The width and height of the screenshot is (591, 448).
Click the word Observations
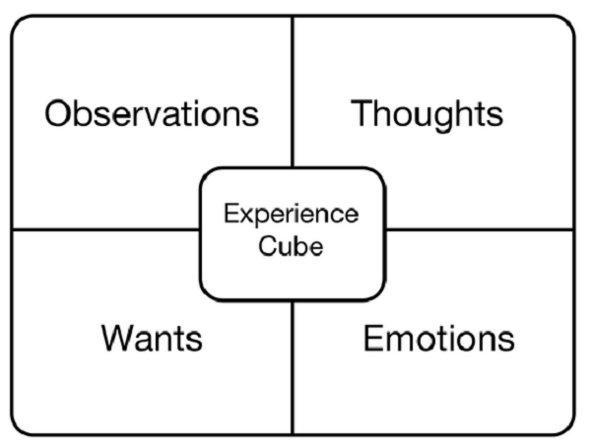click(152, 113)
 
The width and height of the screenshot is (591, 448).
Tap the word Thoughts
click(427, 113)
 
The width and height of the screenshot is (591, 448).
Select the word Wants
click(152, 339)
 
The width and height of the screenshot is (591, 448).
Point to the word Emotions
click(438, 339)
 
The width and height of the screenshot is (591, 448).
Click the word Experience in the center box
click(291, 215)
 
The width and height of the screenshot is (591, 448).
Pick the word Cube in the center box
click(291, 246)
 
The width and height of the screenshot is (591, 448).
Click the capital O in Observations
click(60, 113)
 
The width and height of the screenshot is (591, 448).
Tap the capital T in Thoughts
click(361, 113)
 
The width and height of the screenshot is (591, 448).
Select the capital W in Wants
click(116, 339)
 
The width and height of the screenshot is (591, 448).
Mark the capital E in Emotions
click(372, 339)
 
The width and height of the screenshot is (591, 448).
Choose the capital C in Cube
click(267, 246)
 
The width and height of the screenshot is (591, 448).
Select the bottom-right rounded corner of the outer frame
click(567, 427)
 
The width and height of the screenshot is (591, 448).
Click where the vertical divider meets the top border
click(293, 17)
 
